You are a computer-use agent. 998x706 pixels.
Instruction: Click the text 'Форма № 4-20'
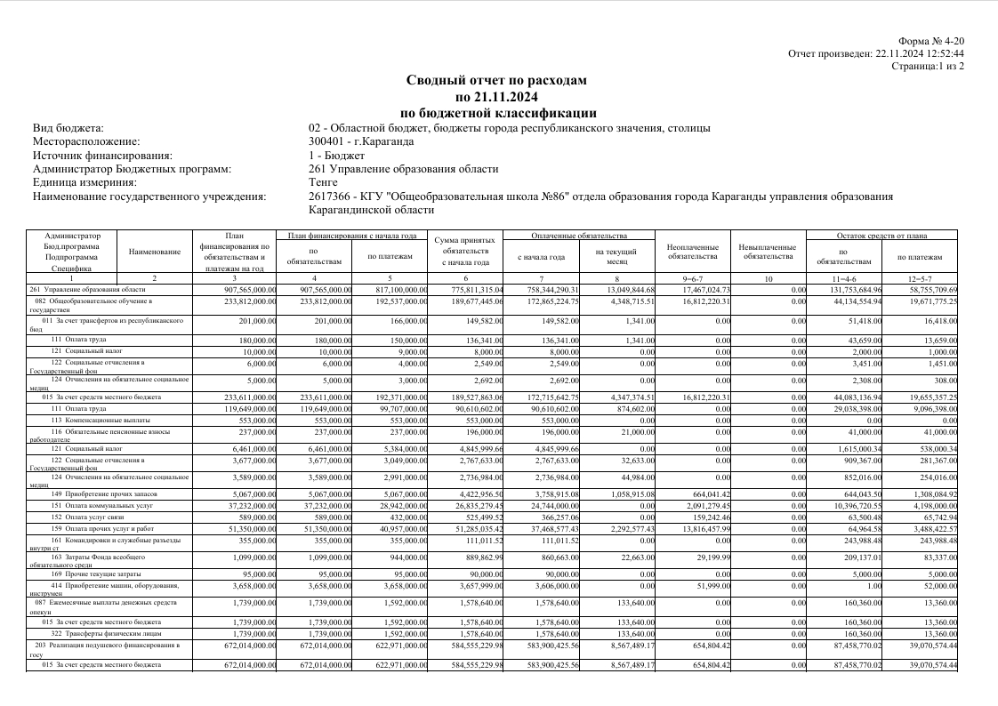point(931,41)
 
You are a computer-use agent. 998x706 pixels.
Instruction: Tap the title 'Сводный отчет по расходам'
point(496,80)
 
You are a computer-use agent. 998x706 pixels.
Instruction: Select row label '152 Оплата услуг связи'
point(92,516)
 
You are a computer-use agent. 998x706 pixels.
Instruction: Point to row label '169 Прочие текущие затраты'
point(98,574)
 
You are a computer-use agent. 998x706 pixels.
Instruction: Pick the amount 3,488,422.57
point(929,527)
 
